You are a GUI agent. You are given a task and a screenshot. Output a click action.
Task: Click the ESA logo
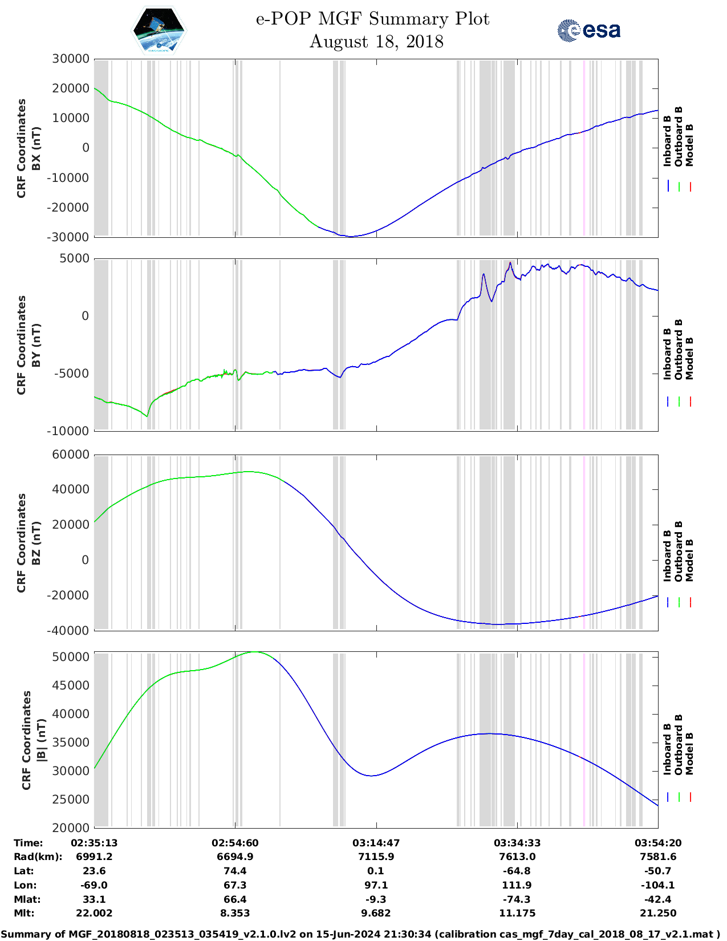[x=589, y=30]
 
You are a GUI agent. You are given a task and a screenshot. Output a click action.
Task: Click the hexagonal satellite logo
[x=159, y=31]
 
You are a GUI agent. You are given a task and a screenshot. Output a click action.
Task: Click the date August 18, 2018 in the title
[x=376, y=42]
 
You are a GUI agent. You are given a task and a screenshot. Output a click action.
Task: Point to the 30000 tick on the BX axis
[x=71, y=59]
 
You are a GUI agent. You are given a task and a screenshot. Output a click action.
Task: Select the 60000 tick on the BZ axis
[x=71, y=455]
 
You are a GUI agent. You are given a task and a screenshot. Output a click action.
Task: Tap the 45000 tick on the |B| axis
[x=71, y=686]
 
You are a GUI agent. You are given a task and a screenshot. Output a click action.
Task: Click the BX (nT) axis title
[x=36, y=148]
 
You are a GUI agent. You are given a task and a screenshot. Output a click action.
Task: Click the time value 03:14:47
[x=376, y=843]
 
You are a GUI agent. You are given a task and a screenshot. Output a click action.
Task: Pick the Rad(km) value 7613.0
[x=517, y=857]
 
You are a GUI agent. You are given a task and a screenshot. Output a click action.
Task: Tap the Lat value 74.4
[x=235, y=871]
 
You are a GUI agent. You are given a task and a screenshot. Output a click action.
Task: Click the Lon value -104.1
[x=657, y=885]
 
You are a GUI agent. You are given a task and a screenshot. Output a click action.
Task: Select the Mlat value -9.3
[x=376, y=899]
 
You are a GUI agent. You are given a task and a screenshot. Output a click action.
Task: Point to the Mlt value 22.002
[x=94, y=913]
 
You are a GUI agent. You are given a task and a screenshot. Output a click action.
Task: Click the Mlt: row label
[x=24, y=913]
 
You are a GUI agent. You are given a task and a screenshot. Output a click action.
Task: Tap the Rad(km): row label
[x=38, y=857]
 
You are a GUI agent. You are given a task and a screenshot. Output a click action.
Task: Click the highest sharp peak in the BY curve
[x=510, y=263]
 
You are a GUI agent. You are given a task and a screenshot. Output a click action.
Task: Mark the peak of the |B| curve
[x=255, y=652]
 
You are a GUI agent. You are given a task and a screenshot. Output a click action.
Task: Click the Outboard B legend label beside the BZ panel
[x=679, y=551]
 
